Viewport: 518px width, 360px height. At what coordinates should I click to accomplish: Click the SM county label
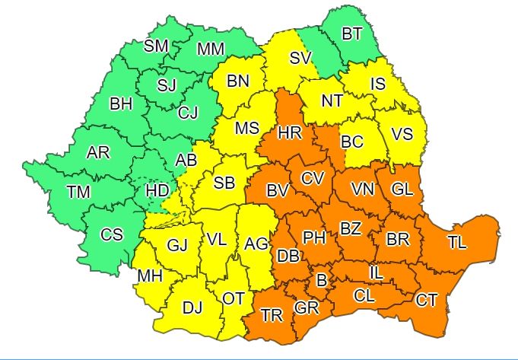156,46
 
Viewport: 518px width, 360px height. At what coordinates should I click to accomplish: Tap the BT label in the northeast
352,33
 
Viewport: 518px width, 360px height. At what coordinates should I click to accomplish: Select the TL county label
457,243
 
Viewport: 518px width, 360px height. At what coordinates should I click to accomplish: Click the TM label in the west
78,193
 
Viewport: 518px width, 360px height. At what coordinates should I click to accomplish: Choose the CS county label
113,235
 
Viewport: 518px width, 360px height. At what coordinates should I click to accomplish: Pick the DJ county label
192,307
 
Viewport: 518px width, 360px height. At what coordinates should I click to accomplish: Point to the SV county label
301,58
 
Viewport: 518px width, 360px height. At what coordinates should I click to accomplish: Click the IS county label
378,82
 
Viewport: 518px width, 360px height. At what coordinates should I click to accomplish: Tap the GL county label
402,188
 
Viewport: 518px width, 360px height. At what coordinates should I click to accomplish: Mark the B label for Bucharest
322,281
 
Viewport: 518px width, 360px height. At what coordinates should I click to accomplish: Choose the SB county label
224,183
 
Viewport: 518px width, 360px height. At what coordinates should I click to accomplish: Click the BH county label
122,104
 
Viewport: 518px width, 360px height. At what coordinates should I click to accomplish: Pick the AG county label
256,244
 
